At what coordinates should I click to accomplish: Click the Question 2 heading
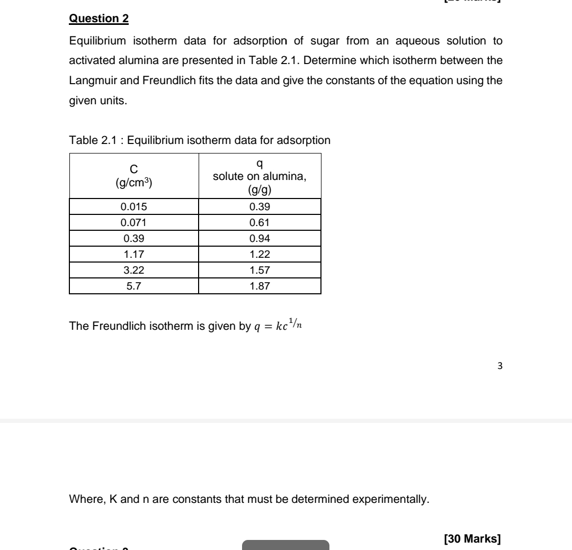click(99, 19)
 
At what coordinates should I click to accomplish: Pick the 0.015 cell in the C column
click(134, 206)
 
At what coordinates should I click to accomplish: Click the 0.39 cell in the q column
click(260, 206)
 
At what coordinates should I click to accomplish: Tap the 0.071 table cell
click(134, 222)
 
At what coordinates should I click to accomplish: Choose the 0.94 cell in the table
click(260, 238)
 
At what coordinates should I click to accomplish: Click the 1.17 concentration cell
click(134, 254)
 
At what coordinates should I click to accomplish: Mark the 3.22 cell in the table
click(134, 270)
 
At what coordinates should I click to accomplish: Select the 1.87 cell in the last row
click(260, 286)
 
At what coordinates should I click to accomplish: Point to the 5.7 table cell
click(134, 286)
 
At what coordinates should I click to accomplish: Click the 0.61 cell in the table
click(260, 222)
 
